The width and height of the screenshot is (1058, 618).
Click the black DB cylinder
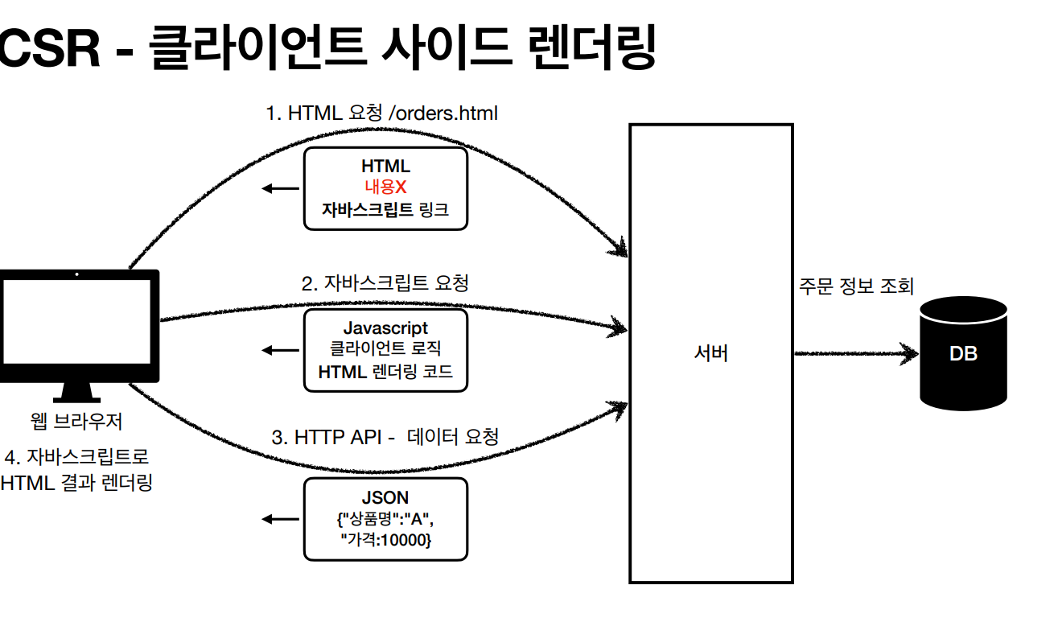[964, 353]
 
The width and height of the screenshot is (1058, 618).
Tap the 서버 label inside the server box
[711, 353]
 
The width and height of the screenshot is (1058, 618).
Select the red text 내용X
[385, 187]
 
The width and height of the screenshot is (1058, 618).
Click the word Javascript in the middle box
[385, 328]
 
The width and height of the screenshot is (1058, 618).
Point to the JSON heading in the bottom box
[385, 497]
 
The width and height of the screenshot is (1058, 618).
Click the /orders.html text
[443, 113]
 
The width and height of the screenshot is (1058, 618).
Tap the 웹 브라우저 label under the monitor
[76, 421]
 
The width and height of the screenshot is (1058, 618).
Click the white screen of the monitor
[77, 321]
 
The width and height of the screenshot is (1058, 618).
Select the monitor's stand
[76, 393]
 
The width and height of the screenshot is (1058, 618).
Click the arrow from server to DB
[856, 353]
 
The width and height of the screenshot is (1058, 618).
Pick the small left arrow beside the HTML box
[281, 188]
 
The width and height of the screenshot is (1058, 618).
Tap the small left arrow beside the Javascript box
[281, 350]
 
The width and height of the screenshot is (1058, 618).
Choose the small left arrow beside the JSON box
[281, 519]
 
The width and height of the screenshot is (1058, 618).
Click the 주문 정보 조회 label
[856, 286]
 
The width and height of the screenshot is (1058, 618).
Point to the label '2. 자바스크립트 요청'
[385, 283]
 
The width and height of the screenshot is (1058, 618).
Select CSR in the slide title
[50, 48]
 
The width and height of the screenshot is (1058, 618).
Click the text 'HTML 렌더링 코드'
[385, 372]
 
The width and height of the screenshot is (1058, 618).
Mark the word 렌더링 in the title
[592, 47]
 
